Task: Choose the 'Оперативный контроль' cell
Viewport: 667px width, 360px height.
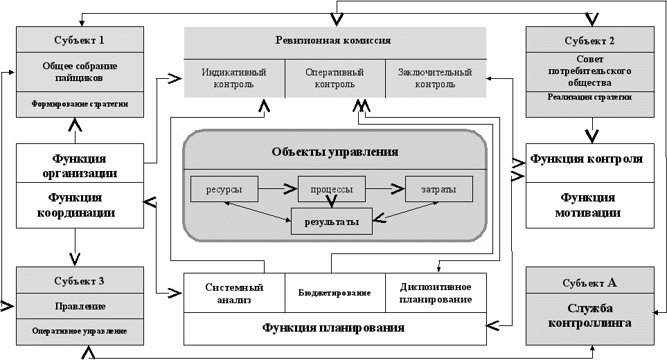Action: coord(335,78)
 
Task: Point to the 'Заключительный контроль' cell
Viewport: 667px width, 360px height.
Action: coord(436,78)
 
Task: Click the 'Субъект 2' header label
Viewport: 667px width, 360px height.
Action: coord(589,40)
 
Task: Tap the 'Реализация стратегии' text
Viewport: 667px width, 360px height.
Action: coord(589,98)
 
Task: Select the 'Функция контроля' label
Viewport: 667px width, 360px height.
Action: coord(587,159)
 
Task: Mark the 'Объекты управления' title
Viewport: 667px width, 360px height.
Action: coord(335,152)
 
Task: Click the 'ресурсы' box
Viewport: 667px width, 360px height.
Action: coord(224,188)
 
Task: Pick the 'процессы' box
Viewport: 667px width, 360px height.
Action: coord(330,188)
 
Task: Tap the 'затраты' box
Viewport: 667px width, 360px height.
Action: coord(438,188)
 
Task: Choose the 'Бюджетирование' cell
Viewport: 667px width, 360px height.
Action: coord(334,293)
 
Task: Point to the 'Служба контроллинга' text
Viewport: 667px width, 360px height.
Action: coord(589,314)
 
